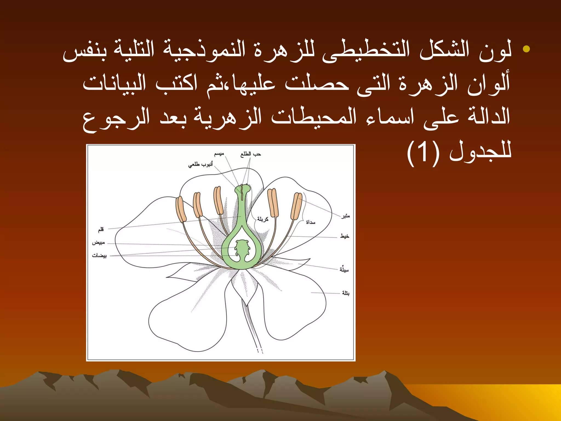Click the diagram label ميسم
tap(219, 154)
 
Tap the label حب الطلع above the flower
tap(251, 154)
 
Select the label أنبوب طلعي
tap(200, 164)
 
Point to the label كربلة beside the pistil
tap(262, 219)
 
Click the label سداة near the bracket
tap(311, 222)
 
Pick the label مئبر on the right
tap(345, 216)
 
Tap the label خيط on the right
tap(345, 236)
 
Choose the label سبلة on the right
tap(344, 270)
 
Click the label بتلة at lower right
tap(346, 293)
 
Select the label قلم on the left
tap(101, 229)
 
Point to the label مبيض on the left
tap(98, 243)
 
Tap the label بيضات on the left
tap(99, 255)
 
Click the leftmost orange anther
tap(181, 209)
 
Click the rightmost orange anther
tap(296, 206)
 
